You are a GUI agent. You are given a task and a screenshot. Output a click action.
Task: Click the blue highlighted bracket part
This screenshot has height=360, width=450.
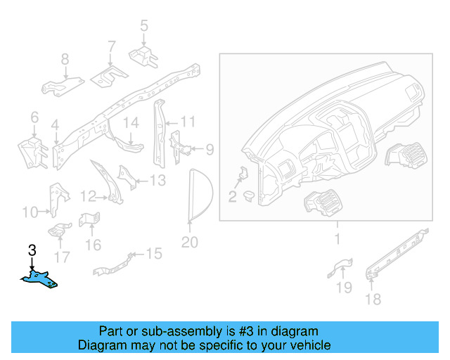[41, 281]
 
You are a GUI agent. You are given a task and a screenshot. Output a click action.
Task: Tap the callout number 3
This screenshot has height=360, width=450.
[31, 250]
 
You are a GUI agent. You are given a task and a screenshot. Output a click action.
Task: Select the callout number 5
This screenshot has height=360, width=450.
[143, 26]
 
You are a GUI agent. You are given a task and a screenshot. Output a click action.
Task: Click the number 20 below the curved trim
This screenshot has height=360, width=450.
[190, 243]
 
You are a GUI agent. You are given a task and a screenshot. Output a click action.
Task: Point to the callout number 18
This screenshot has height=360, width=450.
[373, 300]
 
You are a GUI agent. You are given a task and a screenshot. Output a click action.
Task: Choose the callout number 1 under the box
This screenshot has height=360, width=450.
[336, 239]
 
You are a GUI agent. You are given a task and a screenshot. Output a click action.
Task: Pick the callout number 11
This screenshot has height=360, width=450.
[187, 122]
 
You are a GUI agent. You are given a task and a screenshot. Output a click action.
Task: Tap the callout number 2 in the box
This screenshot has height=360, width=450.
[232, 196]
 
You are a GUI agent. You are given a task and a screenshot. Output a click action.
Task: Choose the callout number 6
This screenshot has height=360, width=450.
[34, 117]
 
